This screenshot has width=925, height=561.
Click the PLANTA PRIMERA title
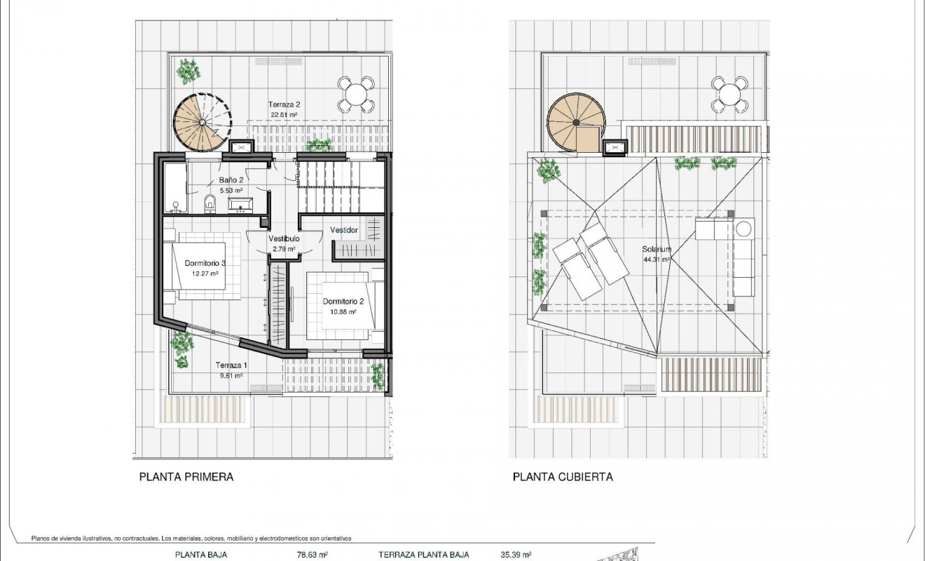(x=186, y=477)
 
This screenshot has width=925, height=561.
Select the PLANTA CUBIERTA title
(x=563, y=477)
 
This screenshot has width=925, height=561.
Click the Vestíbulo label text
(x=285, y=238)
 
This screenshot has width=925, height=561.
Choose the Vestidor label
(x=344, y=230)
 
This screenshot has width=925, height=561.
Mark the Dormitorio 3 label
(x=205, y=264)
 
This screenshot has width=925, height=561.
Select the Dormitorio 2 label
(x=343, y=302)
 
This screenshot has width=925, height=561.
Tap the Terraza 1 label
(x=231, y=365)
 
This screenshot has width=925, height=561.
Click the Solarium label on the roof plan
(x=657, y=249)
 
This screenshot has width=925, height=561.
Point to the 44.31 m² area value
(x=657, y=259)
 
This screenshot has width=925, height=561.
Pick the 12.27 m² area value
(x=205, y=273)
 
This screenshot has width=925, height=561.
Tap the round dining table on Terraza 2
(x=357, y=94)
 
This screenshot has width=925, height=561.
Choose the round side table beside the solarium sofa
(x=744, y=229)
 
